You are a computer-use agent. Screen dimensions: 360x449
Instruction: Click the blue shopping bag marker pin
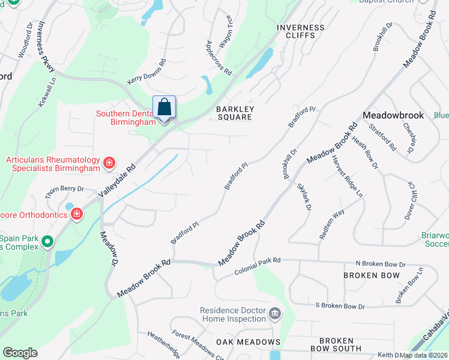[x=164, y=108]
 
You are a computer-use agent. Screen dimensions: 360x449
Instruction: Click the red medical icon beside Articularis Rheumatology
[x=109, y=163]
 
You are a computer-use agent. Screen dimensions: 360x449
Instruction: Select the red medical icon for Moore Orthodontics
[x=77, y=214]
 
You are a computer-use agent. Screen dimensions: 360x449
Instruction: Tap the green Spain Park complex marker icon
[x=48, y=242]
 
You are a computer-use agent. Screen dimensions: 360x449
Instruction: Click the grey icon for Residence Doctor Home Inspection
[x=275, y=314]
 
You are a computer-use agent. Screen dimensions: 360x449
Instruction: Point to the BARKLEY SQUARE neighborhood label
[x=235, y=113]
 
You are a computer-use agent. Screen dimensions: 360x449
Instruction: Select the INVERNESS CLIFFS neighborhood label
[x=300, y=32]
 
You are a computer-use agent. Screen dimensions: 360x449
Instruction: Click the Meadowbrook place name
[x=393, y=115]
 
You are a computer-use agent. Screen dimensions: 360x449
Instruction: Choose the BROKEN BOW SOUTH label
[x=336, y=344]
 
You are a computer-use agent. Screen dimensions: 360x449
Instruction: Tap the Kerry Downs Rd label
[x=146, y=72]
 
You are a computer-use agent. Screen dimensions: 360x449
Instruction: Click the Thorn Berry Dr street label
[x=65, y=190]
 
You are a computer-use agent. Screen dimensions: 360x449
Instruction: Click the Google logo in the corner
[x=20, y=353]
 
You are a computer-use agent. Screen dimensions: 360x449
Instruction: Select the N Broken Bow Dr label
[x=381, y=264]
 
